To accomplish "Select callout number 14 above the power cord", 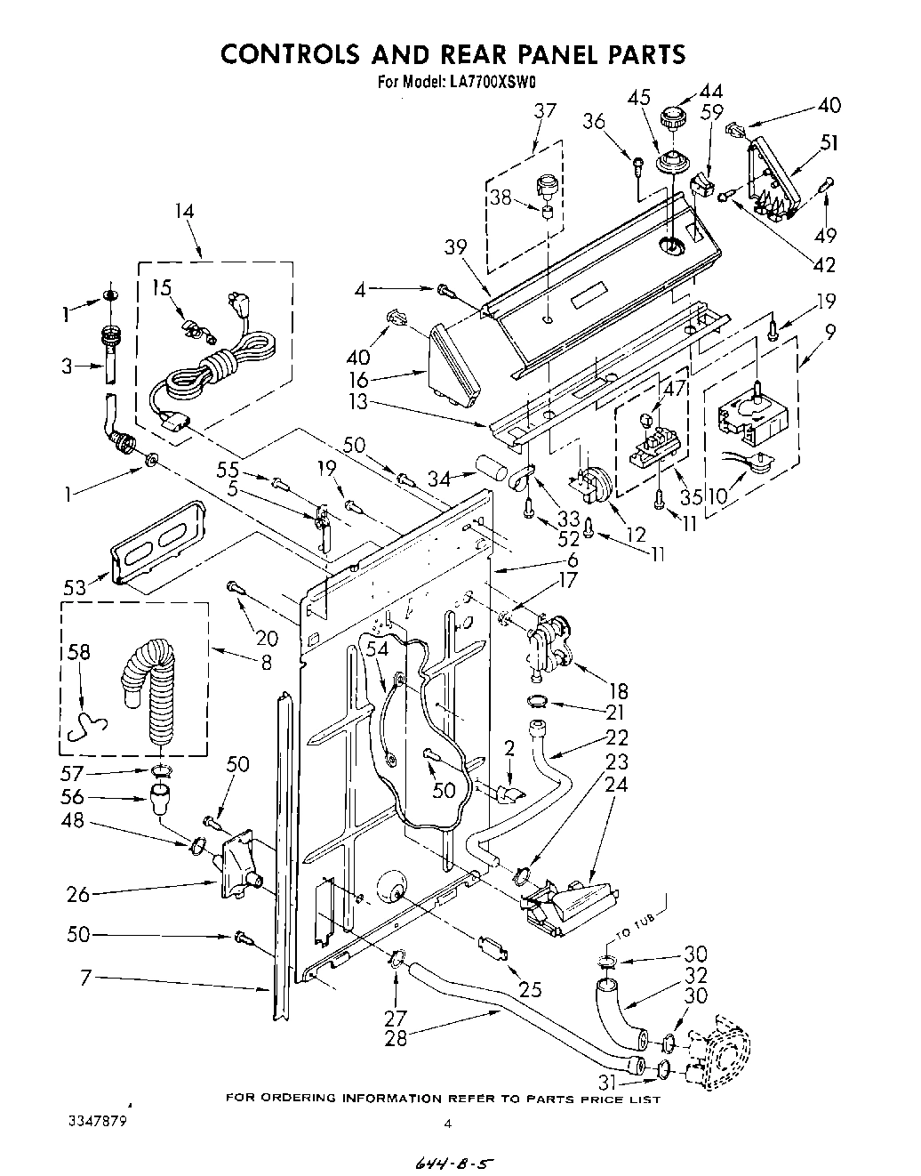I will click(184, 212).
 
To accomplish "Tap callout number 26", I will click(79, 894).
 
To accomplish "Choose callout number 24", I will click(616, 785).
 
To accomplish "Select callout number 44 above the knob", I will click(711, 92).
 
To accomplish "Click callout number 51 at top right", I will click(829, 142).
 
